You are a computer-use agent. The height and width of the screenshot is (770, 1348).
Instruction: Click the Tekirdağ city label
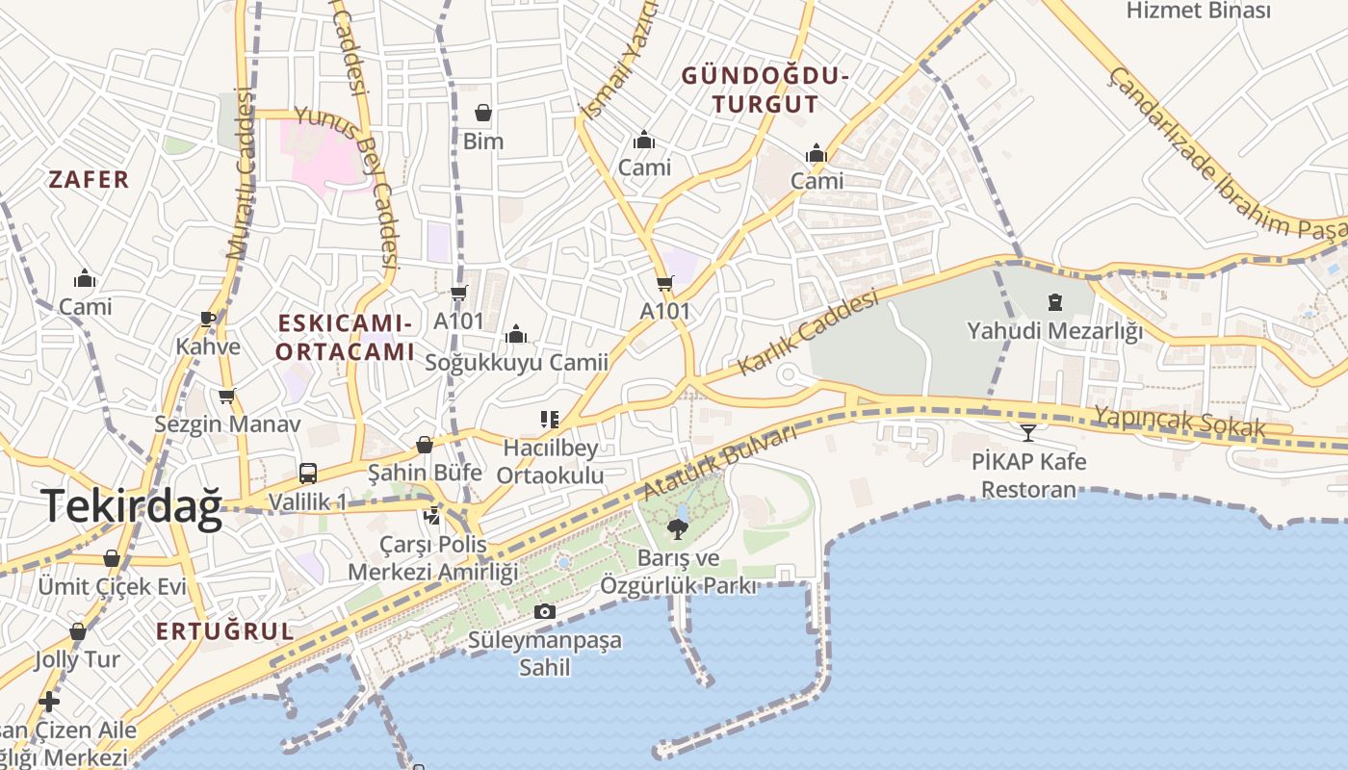[132, 506]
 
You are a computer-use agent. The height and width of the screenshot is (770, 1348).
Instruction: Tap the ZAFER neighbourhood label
[89, 179]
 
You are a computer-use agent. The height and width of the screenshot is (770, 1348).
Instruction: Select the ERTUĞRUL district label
[224, 631]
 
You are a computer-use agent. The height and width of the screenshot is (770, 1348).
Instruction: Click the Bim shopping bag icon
[483, 114]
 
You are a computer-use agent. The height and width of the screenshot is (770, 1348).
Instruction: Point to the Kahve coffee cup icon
[208, 319]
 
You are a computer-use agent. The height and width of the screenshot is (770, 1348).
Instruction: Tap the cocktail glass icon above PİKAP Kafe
[1028, 433]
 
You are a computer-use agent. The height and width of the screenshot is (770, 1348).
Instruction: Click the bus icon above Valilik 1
[308, 474]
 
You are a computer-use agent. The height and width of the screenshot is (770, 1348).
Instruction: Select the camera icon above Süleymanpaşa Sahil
[544, 611]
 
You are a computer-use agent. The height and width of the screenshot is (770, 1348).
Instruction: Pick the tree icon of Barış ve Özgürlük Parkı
[678, 528]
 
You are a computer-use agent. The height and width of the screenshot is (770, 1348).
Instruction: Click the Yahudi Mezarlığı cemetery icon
[1055, 302]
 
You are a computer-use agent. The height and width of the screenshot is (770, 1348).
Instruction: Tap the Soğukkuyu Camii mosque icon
[516, 334]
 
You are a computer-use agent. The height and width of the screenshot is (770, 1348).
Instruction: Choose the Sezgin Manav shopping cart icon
[227, 396]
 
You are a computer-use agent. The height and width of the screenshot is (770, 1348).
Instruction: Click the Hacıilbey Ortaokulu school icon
[550, 420]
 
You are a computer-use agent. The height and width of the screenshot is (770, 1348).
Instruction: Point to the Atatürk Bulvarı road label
[720, 462]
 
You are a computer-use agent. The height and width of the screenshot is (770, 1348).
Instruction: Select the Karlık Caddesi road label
[808, 334]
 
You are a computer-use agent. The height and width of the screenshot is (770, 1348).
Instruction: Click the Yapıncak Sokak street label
[1179, 422]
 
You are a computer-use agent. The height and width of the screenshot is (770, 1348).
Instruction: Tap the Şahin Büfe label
[425, 473]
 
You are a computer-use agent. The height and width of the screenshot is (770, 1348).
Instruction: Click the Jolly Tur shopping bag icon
[78, 632]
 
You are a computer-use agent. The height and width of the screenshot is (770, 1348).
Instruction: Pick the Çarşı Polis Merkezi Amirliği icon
[432, 516]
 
